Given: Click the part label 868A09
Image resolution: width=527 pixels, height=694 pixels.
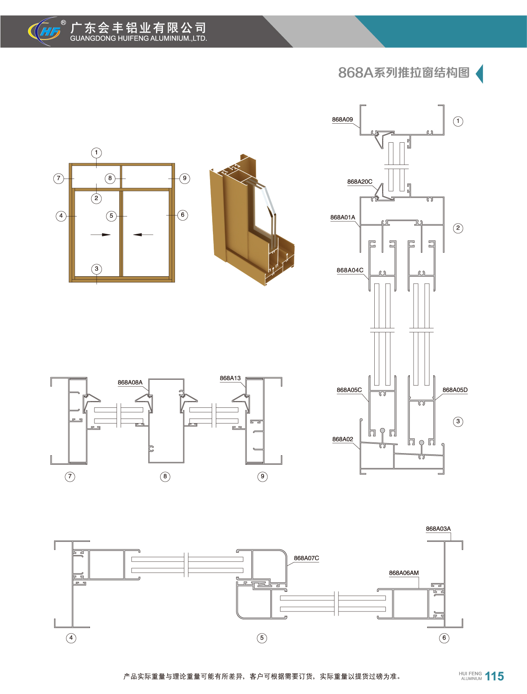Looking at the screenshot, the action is (x=343, y=120).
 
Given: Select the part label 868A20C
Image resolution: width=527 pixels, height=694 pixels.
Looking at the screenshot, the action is (x=359, y=181).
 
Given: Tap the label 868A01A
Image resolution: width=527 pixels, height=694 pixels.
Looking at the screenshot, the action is (x=343, y=217).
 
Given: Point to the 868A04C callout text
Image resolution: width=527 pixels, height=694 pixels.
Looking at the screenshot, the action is (x=350, y=270).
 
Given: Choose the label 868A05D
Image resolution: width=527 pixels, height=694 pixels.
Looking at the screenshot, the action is (x=455, y=390).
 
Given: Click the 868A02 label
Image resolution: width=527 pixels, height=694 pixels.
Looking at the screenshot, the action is (x=343, y=439).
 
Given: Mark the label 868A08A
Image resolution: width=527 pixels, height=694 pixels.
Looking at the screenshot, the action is (x=130, y=382).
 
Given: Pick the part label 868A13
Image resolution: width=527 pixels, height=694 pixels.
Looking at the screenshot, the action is (x=230, y=378).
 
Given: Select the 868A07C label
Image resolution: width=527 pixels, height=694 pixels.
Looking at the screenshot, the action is (x=306, y=558).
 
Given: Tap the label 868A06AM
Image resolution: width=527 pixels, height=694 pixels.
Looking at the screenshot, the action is (x=404, y=573).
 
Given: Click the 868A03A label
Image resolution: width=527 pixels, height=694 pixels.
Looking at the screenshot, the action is (x=438, y=529).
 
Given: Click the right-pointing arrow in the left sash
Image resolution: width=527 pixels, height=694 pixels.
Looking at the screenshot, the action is (x=101, y=235).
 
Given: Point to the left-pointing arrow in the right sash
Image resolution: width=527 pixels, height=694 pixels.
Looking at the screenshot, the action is (x=143, y=235).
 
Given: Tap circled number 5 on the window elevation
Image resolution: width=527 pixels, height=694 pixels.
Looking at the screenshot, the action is (x=111, y=216).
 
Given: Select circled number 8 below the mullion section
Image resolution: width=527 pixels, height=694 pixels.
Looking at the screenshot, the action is (x=165, y=477).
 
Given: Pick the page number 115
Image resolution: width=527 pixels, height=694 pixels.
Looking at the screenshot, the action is (x=494, y=676).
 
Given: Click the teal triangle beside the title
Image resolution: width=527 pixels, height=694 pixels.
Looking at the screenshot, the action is (x=480, y=74).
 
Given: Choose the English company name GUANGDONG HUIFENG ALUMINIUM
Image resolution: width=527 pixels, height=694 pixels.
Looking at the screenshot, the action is (x=139, y=38).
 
